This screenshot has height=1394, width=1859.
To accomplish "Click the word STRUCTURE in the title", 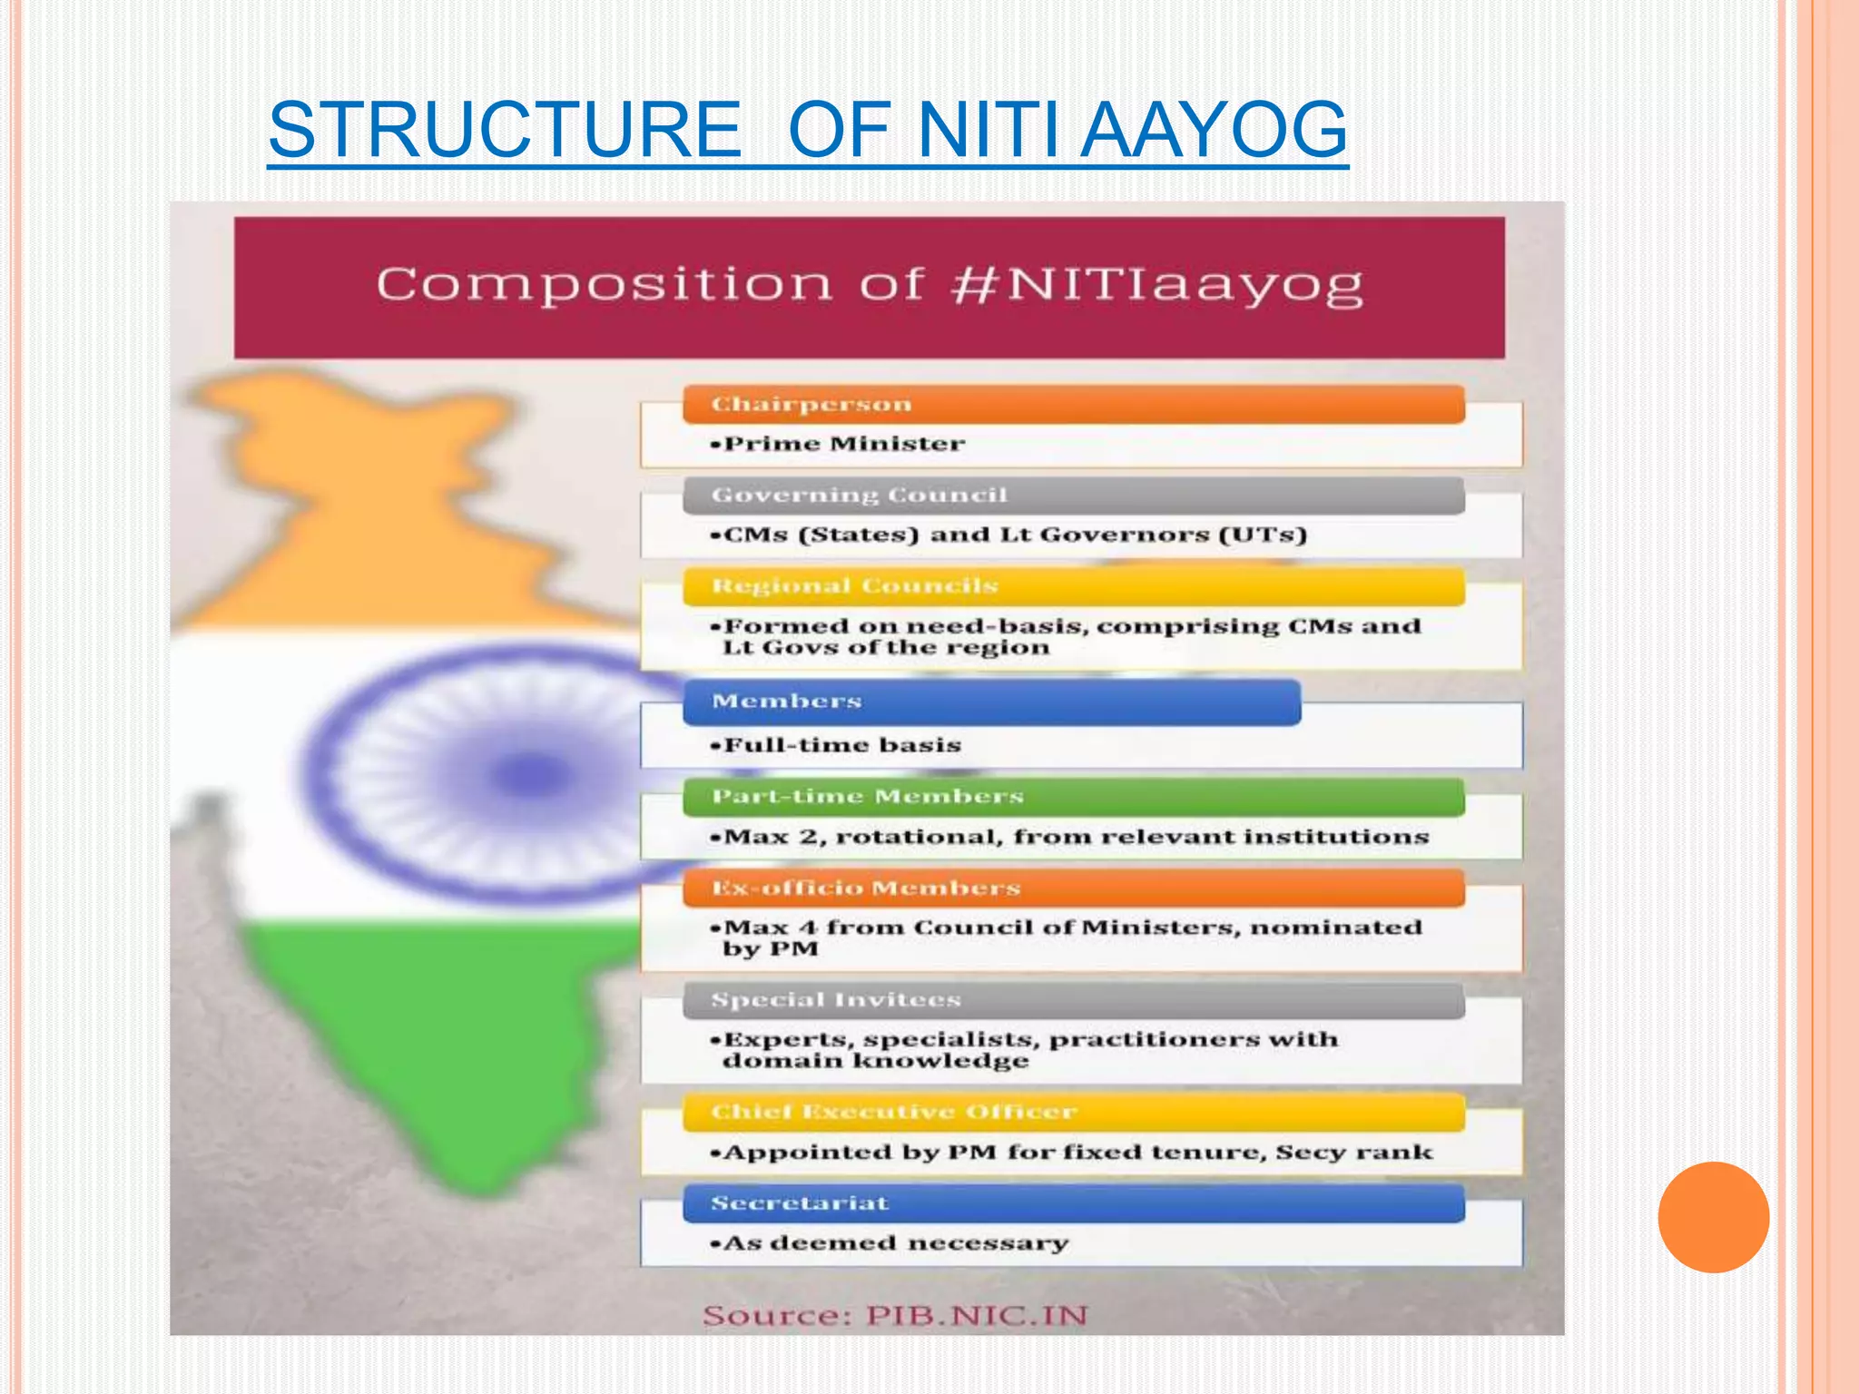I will click(x=505, y=130).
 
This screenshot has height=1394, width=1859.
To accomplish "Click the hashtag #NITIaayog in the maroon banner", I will click(x=1156, y=285).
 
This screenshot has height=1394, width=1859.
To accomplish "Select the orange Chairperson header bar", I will click(x=1073, y=404).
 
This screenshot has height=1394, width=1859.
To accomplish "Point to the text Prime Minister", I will click(x=843, y=444).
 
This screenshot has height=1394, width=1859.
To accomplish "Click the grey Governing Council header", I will click(x=1073, y=496).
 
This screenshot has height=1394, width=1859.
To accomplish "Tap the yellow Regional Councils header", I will click(x=1073, y=586).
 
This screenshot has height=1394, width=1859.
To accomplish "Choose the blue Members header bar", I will click(x=991, y=702).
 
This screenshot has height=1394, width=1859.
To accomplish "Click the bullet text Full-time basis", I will click(x=841, y=745).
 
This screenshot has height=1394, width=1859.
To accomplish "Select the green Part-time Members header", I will click(x=1073, y=797).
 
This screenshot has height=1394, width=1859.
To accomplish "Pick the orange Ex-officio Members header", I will click(x=1073, y=888).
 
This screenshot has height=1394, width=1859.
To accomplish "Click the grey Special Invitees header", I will click(x=1073, y=1000).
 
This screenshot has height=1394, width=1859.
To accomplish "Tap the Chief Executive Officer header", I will click(x=1073, y=1112).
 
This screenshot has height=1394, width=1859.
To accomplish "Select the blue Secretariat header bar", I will click(x=1073, y=1203).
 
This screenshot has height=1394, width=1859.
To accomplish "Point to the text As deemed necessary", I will click(x=895, y=1243).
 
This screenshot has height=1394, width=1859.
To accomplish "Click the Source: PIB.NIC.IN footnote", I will click(x=895, y=1316).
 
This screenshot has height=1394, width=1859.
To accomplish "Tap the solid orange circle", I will click(x=1713, y=1217).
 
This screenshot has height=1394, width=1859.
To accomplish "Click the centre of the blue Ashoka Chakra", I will click(x=531, y=775).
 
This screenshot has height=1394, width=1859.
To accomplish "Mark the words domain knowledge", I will click(x=875, y=1061).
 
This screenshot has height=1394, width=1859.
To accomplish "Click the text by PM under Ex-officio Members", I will click(x=770, y=949).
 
